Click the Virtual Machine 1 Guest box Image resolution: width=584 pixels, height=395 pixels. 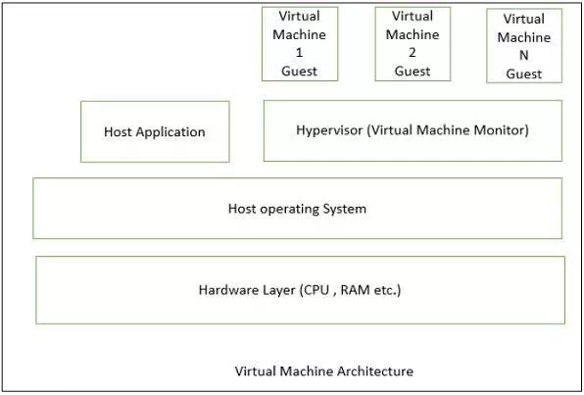pos(300,44)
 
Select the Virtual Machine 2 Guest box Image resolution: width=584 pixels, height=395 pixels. pos(413,44)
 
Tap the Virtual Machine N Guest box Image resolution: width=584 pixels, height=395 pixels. pos(524,46)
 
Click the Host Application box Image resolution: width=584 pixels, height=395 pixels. pos(155,131)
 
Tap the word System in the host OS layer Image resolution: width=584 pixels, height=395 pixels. pos(345,209)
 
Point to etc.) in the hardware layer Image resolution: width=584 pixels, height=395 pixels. pos(387,290)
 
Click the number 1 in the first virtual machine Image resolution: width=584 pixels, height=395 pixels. pos(299,53)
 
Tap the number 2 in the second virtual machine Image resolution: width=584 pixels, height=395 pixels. pos(413,53)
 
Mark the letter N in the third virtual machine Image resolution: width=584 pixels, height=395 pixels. pos(524,56)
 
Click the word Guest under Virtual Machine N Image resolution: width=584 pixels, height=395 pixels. pos(524,74)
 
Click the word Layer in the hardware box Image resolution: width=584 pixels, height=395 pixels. pos(277,290)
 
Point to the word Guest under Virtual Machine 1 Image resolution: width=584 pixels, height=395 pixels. pos(300,71)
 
